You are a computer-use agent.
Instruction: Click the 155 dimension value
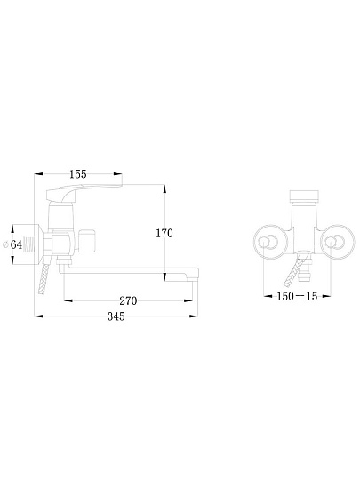pos(78,174)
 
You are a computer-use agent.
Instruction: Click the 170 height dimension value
pos(164,233)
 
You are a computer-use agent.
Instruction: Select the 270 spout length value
pos(128,301)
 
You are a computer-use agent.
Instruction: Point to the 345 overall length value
pos(116,316)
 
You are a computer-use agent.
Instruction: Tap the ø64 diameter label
pos(12,244)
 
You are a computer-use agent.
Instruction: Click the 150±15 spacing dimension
pos(297,296)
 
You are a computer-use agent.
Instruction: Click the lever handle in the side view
pos(84,192)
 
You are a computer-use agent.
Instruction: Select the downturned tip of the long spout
pos(192,275)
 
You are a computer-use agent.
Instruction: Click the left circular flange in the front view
pos(270,242)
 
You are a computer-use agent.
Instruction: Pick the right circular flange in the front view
pos(339,242)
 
